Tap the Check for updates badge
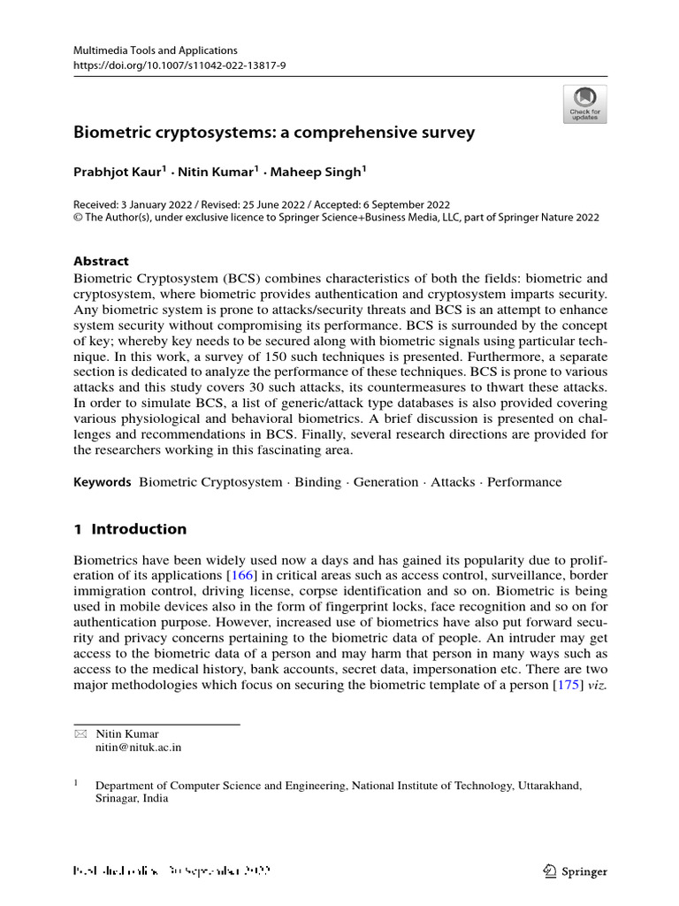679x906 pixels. click(584, 104)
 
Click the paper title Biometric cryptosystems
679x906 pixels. click(273, 133)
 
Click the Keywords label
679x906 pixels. click(100, 482)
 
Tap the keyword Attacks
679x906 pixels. click(453, 482)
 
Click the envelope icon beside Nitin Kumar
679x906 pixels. click(80, 733)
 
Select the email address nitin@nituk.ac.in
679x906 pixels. click(139, 748)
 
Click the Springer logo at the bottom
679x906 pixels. click(575, 871)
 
